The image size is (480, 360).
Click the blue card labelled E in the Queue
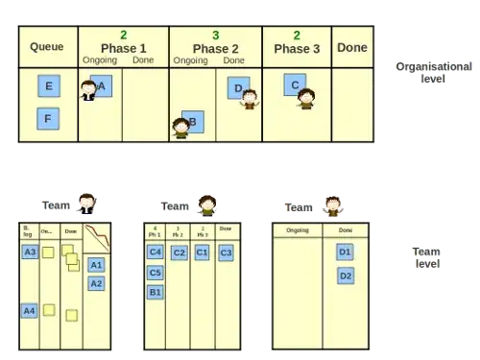(49, 86)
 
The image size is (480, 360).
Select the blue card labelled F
(49, 119)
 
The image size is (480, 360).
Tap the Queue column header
(46, 47)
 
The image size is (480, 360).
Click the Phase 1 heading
(123, 49)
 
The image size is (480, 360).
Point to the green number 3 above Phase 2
(215, 35)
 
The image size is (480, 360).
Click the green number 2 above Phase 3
(297, 35)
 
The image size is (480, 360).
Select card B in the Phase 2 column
(193, 122)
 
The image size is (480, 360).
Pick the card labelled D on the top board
(239, 88)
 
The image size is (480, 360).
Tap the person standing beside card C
(306, 98)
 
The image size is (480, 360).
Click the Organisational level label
(433, 73)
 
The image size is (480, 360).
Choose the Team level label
(426, 257)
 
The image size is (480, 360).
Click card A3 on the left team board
(30, 252)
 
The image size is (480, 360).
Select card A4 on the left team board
(30, 311)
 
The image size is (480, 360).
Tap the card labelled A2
(96, 283)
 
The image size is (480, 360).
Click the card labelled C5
(156, 272)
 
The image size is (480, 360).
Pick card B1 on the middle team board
(156, 292)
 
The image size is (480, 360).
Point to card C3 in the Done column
(226, 252)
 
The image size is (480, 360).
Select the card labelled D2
(346, 276)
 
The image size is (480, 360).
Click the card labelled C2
(179, 252)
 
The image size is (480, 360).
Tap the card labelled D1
(346, 252)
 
